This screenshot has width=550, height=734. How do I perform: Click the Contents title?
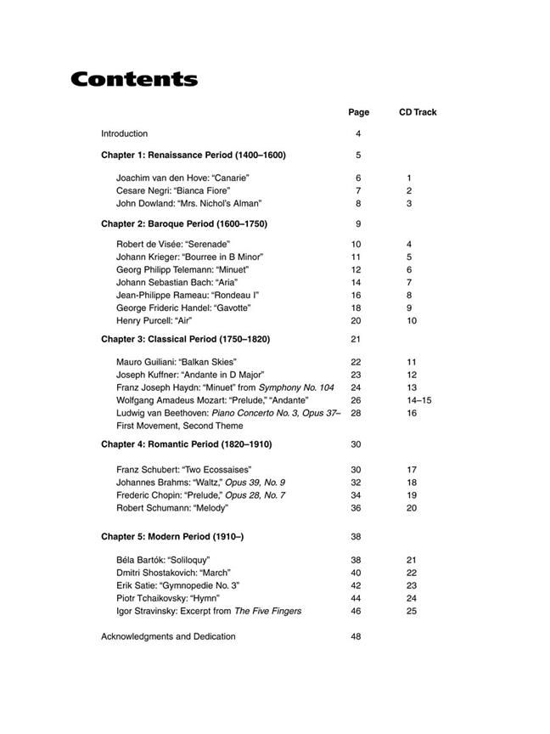[x=134, y=80]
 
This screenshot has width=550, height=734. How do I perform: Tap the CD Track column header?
[x=418, y=112]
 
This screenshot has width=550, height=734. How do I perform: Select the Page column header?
[x=358, y=112]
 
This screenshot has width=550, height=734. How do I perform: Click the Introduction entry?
[x=124, y=133]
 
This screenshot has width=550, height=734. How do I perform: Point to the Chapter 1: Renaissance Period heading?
[x=194, y=155]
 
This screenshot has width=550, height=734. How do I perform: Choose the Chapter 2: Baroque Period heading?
[x=184, y=224]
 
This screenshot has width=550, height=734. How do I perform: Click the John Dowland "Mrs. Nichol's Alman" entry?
[x=188, y=204]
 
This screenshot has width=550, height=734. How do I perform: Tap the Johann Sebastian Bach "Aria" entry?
[x=177, y=282]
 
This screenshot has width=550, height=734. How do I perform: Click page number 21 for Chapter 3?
[x=356, y=339]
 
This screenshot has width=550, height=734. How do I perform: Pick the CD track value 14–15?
[x=418, y=400]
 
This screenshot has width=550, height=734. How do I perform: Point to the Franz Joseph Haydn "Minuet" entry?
[x=225, y=387]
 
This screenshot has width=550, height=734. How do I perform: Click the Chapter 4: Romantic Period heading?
[x=187, y=444]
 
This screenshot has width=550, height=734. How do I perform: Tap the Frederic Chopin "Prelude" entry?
[x=200, y=495]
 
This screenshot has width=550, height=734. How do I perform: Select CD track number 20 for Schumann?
[x=412, y=508]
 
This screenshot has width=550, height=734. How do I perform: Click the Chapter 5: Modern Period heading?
[x=172, y=537]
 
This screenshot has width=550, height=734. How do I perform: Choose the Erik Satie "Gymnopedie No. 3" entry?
[x=177, y=585]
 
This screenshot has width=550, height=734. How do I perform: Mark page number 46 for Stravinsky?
[x=356, y=611]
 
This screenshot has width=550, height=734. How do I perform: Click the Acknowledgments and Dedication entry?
[x=168, y=636]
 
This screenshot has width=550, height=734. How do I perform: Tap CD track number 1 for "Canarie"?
[x=409, y=178]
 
